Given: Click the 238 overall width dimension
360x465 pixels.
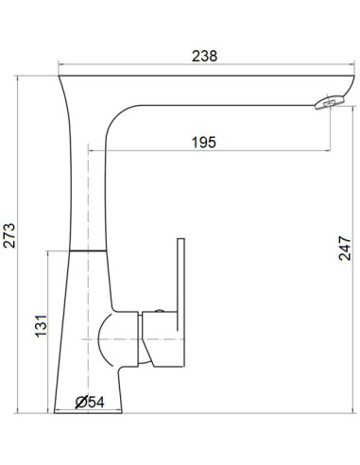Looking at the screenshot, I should tap(203, 56).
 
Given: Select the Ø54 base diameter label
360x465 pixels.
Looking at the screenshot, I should tap(90, 403).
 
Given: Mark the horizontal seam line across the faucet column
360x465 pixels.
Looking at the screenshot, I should tap(85, 251).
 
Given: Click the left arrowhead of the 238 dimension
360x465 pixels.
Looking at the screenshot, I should tap(61, 66).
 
